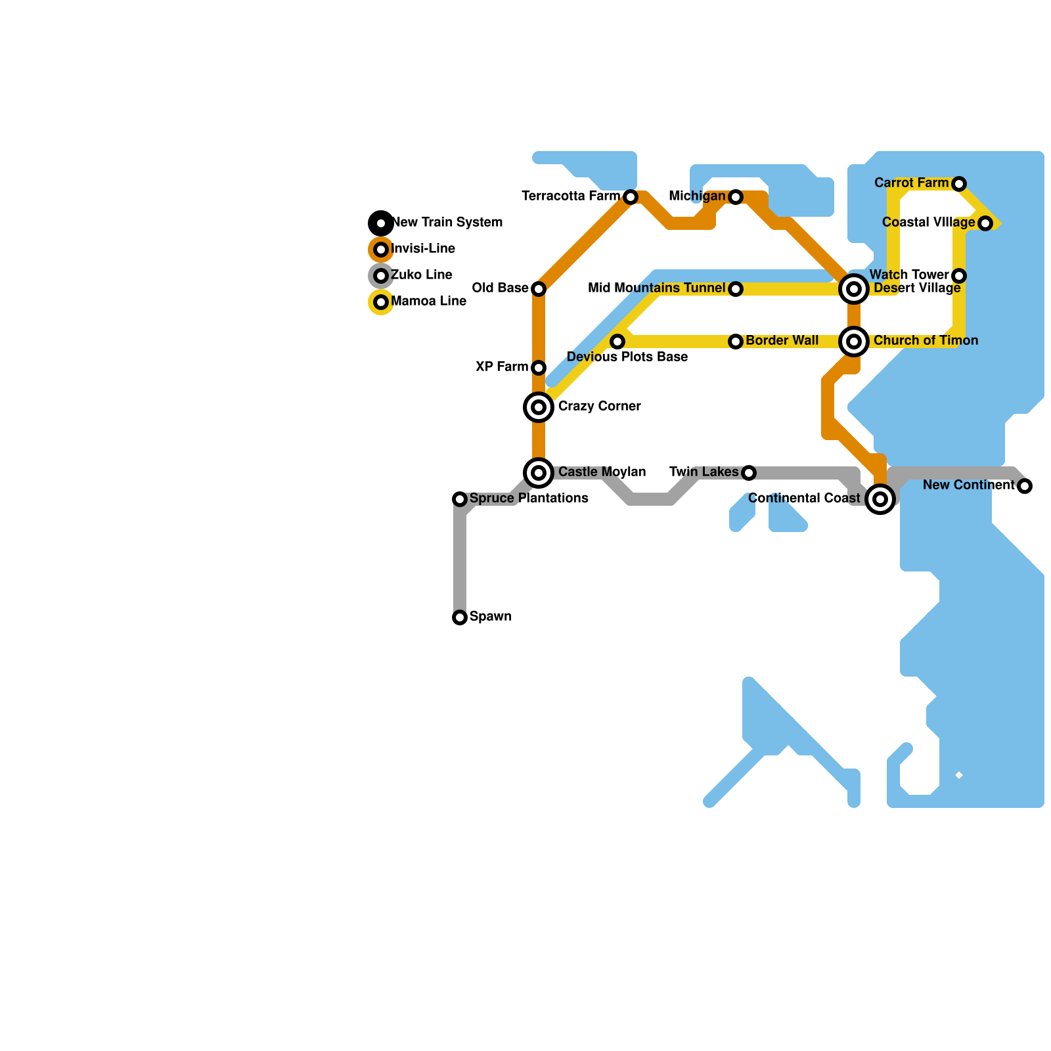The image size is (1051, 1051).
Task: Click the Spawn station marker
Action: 460,617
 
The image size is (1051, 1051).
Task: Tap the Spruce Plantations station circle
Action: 460,499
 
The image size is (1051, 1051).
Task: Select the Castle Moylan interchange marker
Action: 539,473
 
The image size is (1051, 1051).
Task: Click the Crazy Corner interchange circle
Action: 539,407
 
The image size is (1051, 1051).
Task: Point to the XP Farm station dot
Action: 539,368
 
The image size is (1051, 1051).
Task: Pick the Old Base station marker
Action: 539,289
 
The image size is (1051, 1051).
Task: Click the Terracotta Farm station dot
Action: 631,197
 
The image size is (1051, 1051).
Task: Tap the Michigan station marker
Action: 736,197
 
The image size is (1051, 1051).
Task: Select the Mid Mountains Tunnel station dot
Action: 736,289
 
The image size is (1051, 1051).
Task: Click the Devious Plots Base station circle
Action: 617,342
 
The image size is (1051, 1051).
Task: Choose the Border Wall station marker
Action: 736,342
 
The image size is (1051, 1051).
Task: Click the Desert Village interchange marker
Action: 854,289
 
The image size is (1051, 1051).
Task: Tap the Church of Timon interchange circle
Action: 854,342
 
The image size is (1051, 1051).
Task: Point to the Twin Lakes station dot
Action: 749,473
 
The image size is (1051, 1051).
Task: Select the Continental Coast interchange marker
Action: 880,499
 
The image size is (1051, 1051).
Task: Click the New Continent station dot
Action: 1025,486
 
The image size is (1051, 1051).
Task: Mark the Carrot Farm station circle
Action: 959,184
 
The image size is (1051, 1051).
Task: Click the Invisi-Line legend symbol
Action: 381,250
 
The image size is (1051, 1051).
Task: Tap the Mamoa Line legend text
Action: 428,302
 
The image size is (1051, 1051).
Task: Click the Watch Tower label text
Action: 909,275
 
